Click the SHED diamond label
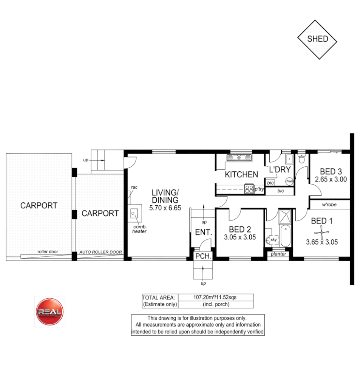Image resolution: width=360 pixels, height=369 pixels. [x=317, y=39]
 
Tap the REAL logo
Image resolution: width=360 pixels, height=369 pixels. [x=49, y=311]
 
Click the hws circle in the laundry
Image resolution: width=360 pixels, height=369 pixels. [x=289, y=181]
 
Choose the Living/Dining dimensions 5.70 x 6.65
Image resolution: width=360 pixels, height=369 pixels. [x=165, y=208]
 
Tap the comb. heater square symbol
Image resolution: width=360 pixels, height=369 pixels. [x=134, y=214]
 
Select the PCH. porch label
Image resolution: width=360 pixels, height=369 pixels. [x=203, y=256]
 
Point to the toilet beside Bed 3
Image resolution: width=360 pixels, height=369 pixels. [x=301, y=159]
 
